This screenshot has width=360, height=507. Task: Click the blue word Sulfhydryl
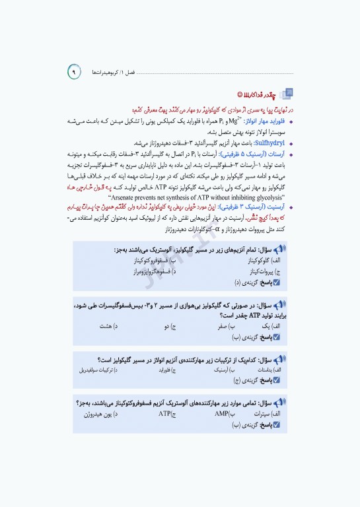265,142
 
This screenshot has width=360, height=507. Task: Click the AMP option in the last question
222,414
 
